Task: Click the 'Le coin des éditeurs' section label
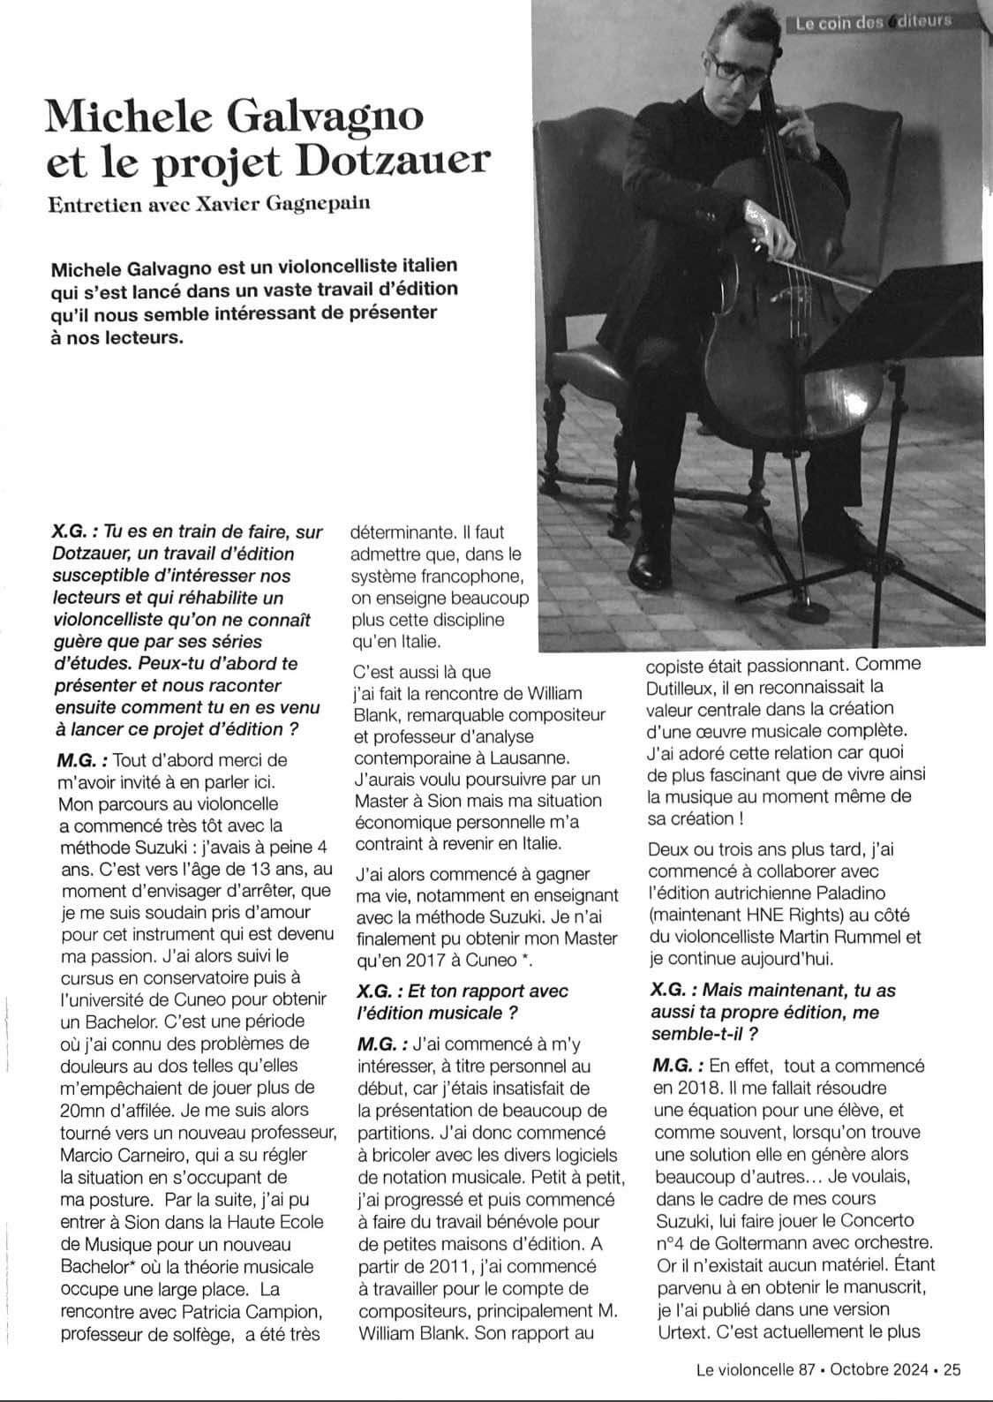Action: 872,22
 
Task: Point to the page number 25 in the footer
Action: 952,1370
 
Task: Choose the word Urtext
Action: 681,1331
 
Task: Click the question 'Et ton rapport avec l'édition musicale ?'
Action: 463,1000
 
